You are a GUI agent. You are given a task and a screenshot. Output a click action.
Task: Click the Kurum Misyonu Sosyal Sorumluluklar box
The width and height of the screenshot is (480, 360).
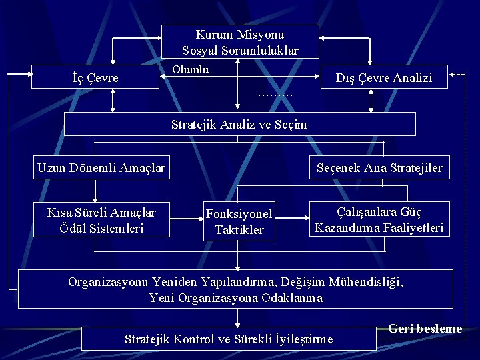(240, 42)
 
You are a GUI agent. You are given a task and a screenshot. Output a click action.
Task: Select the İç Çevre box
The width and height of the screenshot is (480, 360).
(95, 77)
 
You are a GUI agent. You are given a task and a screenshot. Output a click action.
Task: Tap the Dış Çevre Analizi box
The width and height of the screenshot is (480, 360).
(384, 78)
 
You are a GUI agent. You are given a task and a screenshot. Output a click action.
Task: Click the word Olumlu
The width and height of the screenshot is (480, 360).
(190, 69)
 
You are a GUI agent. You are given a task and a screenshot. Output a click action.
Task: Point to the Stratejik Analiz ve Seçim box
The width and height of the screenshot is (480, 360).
(239, 124)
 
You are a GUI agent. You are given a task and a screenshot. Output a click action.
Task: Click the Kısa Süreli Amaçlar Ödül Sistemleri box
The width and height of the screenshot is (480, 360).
(101, 221)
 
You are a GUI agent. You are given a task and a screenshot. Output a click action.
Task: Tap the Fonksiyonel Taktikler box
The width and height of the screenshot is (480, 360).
(239, 222)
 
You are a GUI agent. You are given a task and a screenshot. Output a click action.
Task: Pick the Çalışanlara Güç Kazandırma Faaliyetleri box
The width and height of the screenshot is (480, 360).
(379, 219)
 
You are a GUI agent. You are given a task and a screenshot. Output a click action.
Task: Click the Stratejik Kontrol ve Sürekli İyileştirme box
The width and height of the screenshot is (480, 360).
(229, 339)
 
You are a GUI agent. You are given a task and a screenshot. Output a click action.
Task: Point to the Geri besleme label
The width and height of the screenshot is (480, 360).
(425, 329)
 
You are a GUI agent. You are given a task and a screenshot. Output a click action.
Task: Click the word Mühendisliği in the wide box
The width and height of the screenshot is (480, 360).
(373, 281)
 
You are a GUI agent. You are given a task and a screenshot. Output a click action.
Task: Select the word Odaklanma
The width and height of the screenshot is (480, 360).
(293, 298)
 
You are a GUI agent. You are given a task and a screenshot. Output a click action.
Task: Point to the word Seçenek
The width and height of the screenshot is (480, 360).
(338, 168)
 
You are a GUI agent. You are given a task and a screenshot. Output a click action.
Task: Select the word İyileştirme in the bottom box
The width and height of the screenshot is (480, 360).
(304, 339)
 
